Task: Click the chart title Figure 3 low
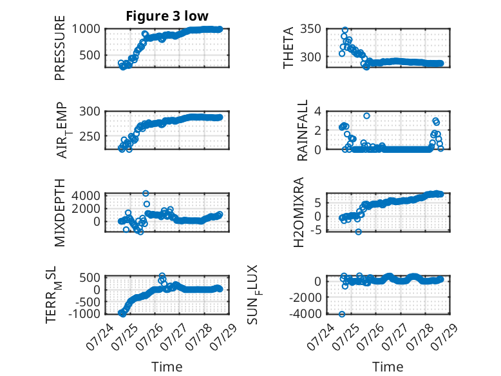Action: [167, 16]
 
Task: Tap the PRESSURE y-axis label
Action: [60, 48]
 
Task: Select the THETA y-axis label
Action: [288, 48]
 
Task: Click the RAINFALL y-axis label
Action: [302, 130]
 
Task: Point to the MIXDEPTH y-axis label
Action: [60, 213]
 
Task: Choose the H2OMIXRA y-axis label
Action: [298, 212]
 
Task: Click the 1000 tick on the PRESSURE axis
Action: [86, 29]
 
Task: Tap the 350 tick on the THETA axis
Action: [310, 29]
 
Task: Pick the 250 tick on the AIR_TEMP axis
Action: [90, 136]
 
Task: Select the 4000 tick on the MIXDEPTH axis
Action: [86, 195]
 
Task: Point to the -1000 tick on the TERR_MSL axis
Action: [84, 313]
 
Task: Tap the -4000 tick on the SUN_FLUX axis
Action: [305, 313]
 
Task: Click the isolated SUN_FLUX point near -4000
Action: [342, 314]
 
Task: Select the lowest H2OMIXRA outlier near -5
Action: [359, 232]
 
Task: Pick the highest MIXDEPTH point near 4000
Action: [146, 193]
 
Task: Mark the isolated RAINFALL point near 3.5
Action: [366, 116]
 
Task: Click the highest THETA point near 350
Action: [345, 30]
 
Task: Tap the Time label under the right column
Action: [388, 367]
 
